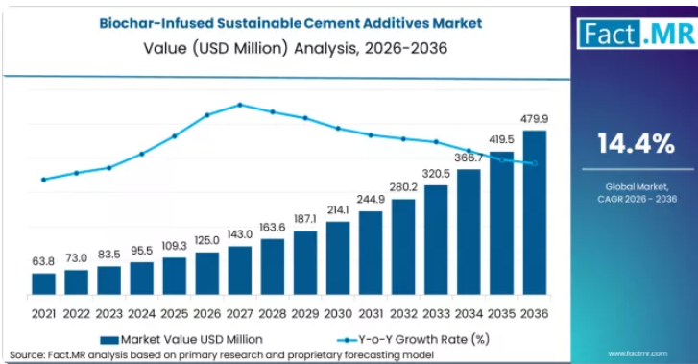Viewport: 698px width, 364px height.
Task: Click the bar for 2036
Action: point(534,212)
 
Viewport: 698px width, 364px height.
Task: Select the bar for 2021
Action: point(43,283)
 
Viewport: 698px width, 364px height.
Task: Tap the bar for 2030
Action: point(338,258)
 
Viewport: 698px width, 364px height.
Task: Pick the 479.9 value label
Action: point(534,119)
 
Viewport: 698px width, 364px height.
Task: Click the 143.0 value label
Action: point(240,234)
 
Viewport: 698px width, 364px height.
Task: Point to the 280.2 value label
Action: point(403,187)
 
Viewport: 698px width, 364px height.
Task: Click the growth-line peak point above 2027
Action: point(240,105)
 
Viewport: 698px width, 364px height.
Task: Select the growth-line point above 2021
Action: point(43,180)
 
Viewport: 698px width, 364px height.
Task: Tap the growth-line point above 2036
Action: point(535,163)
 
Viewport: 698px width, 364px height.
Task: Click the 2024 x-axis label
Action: point(141,314)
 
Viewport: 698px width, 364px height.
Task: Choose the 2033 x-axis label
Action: point(436,314)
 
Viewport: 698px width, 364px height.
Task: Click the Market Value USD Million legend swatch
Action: point(109,340)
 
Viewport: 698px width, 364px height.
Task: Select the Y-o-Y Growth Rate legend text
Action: point(423,339)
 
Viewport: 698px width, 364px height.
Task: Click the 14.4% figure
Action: point(637,144)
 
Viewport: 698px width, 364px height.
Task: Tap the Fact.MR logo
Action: point(637,34)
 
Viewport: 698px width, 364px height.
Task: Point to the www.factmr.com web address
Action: point(638,353)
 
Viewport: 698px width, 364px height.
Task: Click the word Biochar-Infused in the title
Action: point(156,23)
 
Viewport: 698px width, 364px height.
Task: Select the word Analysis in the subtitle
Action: point(325,48)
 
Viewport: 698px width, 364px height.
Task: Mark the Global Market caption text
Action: point(637,187)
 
